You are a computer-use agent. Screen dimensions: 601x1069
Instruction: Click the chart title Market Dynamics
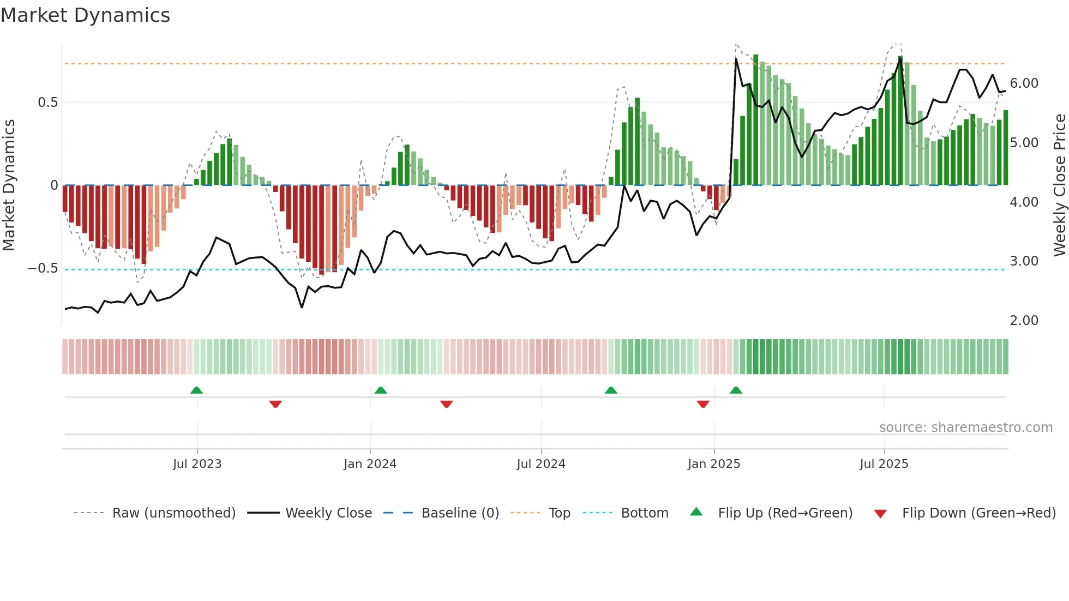tap(85, 15)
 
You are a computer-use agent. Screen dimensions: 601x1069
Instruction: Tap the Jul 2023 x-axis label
tap(197, 464)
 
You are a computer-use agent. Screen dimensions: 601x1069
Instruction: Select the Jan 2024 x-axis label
tap(370, 464)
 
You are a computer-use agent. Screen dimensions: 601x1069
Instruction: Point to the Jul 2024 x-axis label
tap(540, 464)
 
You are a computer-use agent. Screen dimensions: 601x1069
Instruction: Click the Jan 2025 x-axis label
tap(713, 464)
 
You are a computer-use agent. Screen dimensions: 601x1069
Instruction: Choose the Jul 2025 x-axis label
tap(884, 464)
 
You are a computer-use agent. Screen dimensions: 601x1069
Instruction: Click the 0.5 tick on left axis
tap(47, 103)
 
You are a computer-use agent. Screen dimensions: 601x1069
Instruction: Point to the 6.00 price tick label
tap(1024, 83)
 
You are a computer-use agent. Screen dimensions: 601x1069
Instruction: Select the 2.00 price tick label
tap(1024, 321)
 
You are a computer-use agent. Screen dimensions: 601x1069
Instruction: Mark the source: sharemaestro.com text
tap(965, 428)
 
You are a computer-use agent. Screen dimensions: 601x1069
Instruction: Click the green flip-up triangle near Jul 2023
tap(196, 390)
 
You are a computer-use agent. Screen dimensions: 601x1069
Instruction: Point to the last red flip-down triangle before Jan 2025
tap(703, 404)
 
